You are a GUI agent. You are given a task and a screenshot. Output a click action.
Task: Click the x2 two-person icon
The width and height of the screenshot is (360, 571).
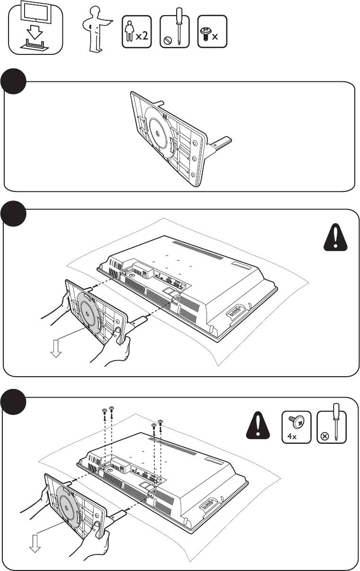pos(137,32)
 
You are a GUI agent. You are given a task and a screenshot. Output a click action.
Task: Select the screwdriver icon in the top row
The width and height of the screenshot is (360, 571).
pos(174,32)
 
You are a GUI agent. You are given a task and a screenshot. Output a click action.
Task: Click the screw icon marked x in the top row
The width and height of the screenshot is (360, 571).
pos(212,32)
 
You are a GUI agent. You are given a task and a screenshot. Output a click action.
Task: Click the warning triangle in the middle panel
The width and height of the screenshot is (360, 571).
pos(335,238)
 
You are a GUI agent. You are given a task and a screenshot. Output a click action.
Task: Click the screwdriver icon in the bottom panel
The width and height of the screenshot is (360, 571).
pos(331,427)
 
